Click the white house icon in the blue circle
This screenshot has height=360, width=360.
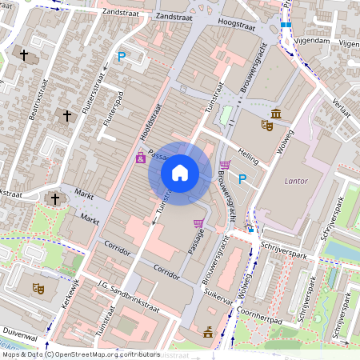tap(180, 172)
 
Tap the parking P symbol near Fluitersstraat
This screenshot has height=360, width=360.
tap(122, 57)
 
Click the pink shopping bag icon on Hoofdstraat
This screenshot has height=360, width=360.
tap(141, 158)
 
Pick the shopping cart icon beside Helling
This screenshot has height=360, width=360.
tap(225, 166)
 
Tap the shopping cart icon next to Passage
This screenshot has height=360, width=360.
tap(198, 224)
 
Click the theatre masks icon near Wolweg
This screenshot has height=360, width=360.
tap(267, 125)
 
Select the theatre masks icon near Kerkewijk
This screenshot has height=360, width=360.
tap(37, 288)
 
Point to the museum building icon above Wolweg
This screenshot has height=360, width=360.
tap(276, 112)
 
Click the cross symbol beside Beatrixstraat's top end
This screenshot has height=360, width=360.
tap(24, 55)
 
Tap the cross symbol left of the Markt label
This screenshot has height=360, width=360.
tap(55, 198)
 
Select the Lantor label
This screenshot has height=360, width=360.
tap(296, 182)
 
